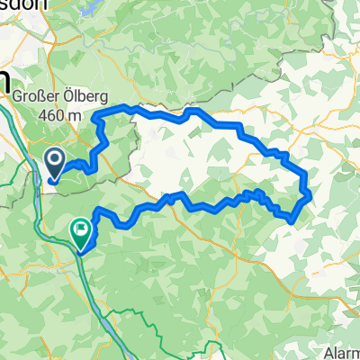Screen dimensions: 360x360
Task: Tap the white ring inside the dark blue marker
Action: point(54,161)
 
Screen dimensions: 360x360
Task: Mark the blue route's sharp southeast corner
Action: point(292,218)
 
